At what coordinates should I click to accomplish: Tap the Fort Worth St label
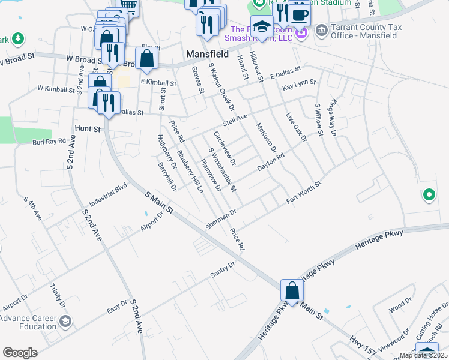coord(304,194)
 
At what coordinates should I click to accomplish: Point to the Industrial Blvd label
coord(109,197)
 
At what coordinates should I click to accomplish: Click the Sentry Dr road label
coord(222,268)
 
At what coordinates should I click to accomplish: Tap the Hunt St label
coord(88,128)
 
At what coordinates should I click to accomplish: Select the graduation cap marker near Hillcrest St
coord(262,26)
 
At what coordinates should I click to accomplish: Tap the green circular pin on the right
coord(429,195)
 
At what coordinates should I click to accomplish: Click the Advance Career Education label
coord(30,322)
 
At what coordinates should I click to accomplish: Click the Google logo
coord(20,353)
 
